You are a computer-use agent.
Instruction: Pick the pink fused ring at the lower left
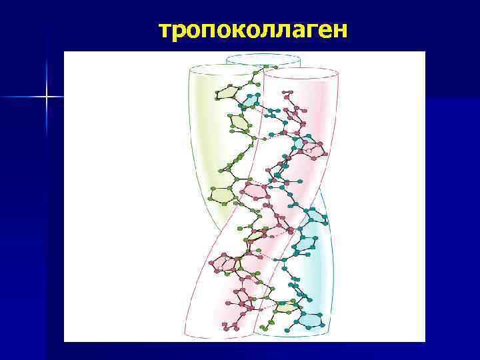pos(227,264)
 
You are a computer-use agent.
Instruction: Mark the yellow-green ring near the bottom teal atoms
pos(287,307)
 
